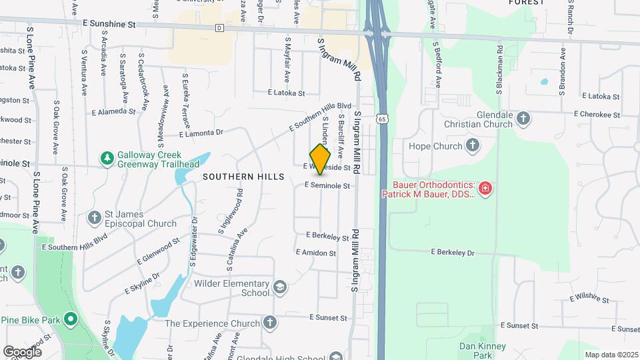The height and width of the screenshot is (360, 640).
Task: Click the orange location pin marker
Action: coord(321,159)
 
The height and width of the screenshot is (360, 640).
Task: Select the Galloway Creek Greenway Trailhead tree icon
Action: coord(106,158)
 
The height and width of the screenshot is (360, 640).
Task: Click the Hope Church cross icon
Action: coord(473,145)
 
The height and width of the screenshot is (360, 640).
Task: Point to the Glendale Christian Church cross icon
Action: coord(523,119)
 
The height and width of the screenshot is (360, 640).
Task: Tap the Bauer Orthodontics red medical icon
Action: coord(485,189)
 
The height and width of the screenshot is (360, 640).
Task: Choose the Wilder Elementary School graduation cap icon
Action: coord(280,288)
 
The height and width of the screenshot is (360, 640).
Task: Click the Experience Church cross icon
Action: coord(270,323)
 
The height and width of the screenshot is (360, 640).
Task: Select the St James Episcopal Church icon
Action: coord(94,218)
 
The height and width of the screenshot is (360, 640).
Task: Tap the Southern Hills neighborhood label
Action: coord(243,177)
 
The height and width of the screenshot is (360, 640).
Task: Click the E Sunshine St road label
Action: coord(109,23)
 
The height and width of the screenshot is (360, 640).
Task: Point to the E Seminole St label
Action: coord(327,186)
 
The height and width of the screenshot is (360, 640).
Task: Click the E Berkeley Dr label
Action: coord(453,253)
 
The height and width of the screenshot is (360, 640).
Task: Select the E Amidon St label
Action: coord(316,253)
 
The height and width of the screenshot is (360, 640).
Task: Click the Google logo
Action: coord(22,351)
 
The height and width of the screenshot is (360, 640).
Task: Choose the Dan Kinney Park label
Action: coord(483,351)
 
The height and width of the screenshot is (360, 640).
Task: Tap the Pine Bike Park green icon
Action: coord(71,320)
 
